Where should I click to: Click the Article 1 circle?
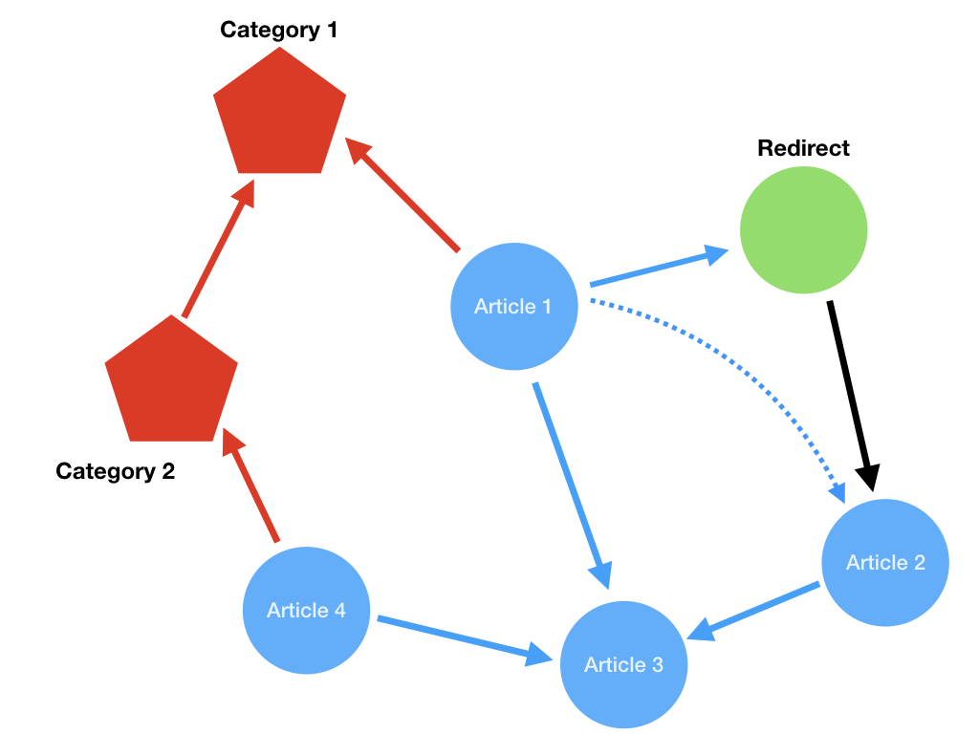513,306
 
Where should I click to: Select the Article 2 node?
885,562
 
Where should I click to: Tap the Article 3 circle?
623,664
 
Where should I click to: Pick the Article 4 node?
306,610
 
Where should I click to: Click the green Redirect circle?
803,229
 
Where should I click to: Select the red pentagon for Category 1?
280,115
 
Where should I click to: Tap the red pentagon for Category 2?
171,382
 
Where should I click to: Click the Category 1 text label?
278,30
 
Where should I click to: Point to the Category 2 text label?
115,470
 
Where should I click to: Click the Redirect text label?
803,148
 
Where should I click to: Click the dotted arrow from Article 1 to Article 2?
743,371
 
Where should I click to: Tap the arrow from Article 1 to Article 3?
572,486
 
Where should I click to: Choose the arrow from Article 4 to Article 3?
466,640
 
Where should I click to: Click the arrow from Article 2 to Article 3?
753,611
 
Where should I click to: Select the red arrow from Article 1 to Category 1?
402,194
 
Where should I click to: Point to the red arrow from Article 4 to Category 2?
250,485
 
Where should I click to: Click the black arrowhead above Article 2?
868,478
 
